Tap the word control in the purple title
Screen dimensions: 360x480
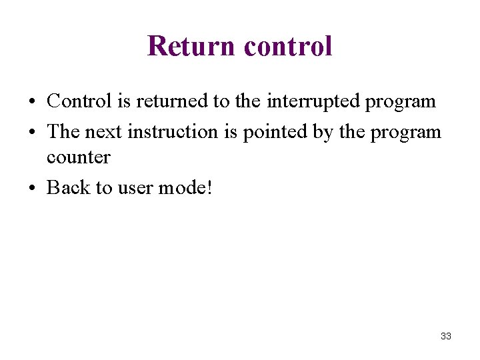[288, 46]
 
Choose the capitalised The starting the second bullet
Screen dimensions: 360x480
[63, 131]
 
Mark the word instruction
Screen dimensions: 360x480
[173, 131]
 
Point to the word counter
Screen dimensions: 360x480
[78, 157]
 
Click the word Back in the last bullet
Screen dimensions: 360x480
[68, 187]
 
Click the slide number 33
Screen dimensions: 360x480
[446, 336]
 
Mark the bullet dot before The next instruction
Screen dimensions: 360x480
[32, 133]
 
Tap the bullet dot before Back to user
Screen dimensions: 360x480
[32, 189]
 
